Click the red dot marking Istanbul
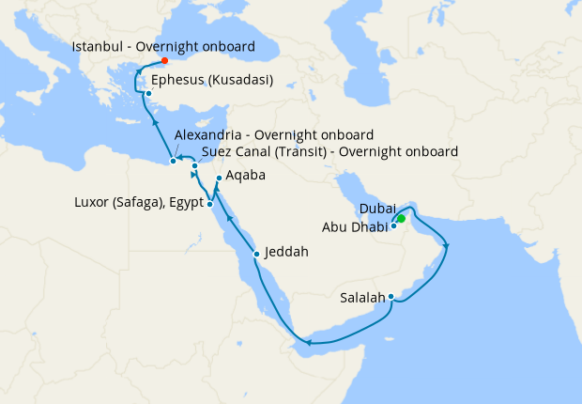point(165,61)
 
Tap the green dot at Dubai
point(401,219)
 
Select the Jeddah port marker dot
point(256,254)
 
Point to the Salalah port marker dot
point(391,299)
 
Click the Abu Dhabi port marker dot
point(393,226)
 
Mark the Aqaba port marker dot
point(219,179)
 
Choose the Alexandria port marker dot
point(173,161)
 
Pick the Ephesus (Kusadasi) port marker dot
point(148,93)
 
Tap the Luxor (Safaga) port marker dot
point(210,204)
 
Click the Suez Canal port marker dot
point(194,166)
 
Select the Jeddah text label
point(286,252)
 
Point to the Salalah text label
point(362,298)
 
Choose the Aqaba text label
point(246,175)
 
